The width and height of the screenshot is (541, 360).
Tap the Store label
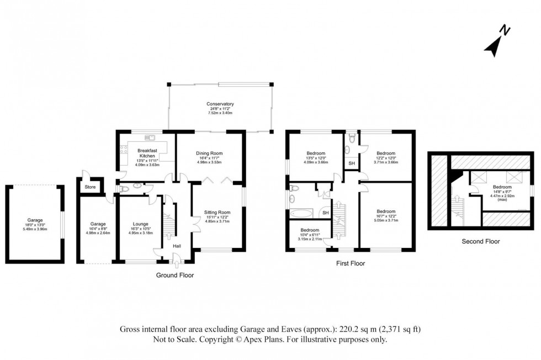coord(90,187)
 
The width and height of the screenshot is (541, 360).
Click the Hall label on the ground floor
coord(176,246)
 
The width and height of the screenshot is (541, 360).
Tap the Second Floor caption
coord(480,241)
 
